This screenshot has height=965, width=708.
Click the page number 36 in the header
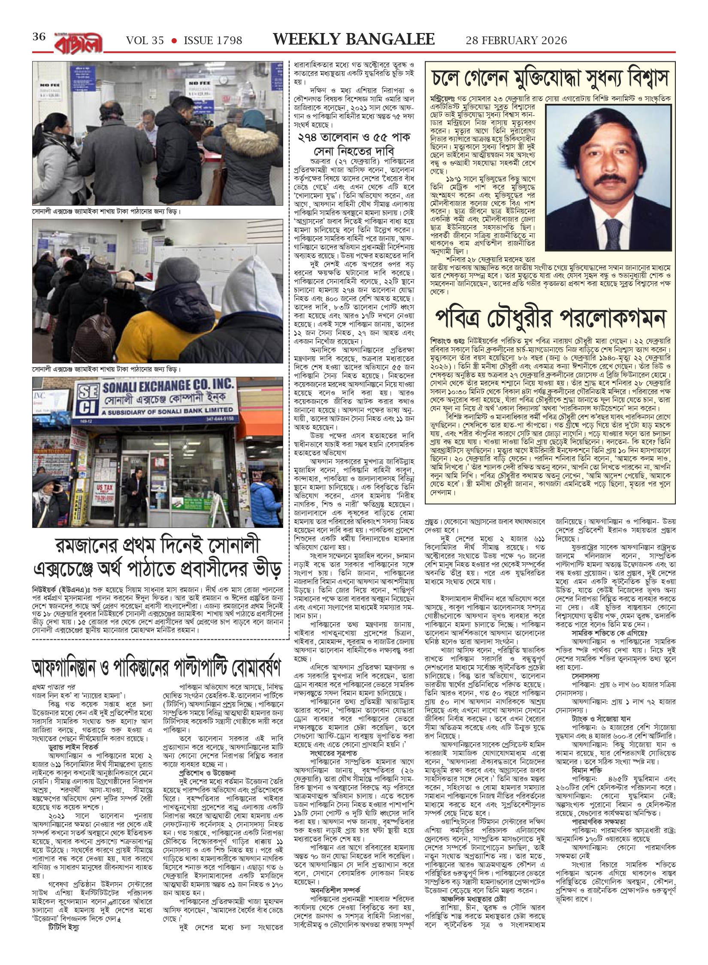(x=39, y=37)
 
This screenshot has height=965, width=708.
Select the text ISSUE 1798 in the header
(x=213, y=41)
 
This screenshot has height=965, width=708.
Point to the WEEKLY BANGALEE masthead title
(x=354, y=39)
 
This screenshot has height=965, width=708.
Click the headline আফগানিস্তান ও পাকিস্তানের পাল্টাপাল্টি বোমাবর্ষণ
(x=157, y=667)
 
